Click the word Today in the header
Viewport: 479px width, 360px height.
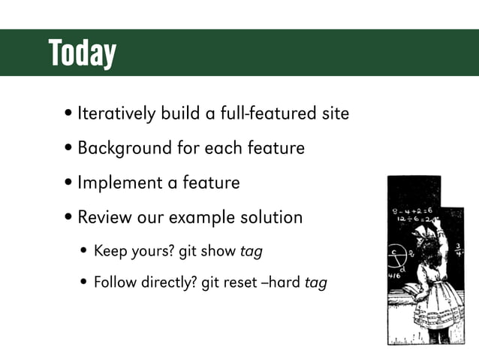82,53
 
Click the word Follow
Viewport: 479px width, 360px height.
115,283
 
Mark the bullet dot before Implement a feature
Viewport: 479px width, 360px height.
69,183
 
